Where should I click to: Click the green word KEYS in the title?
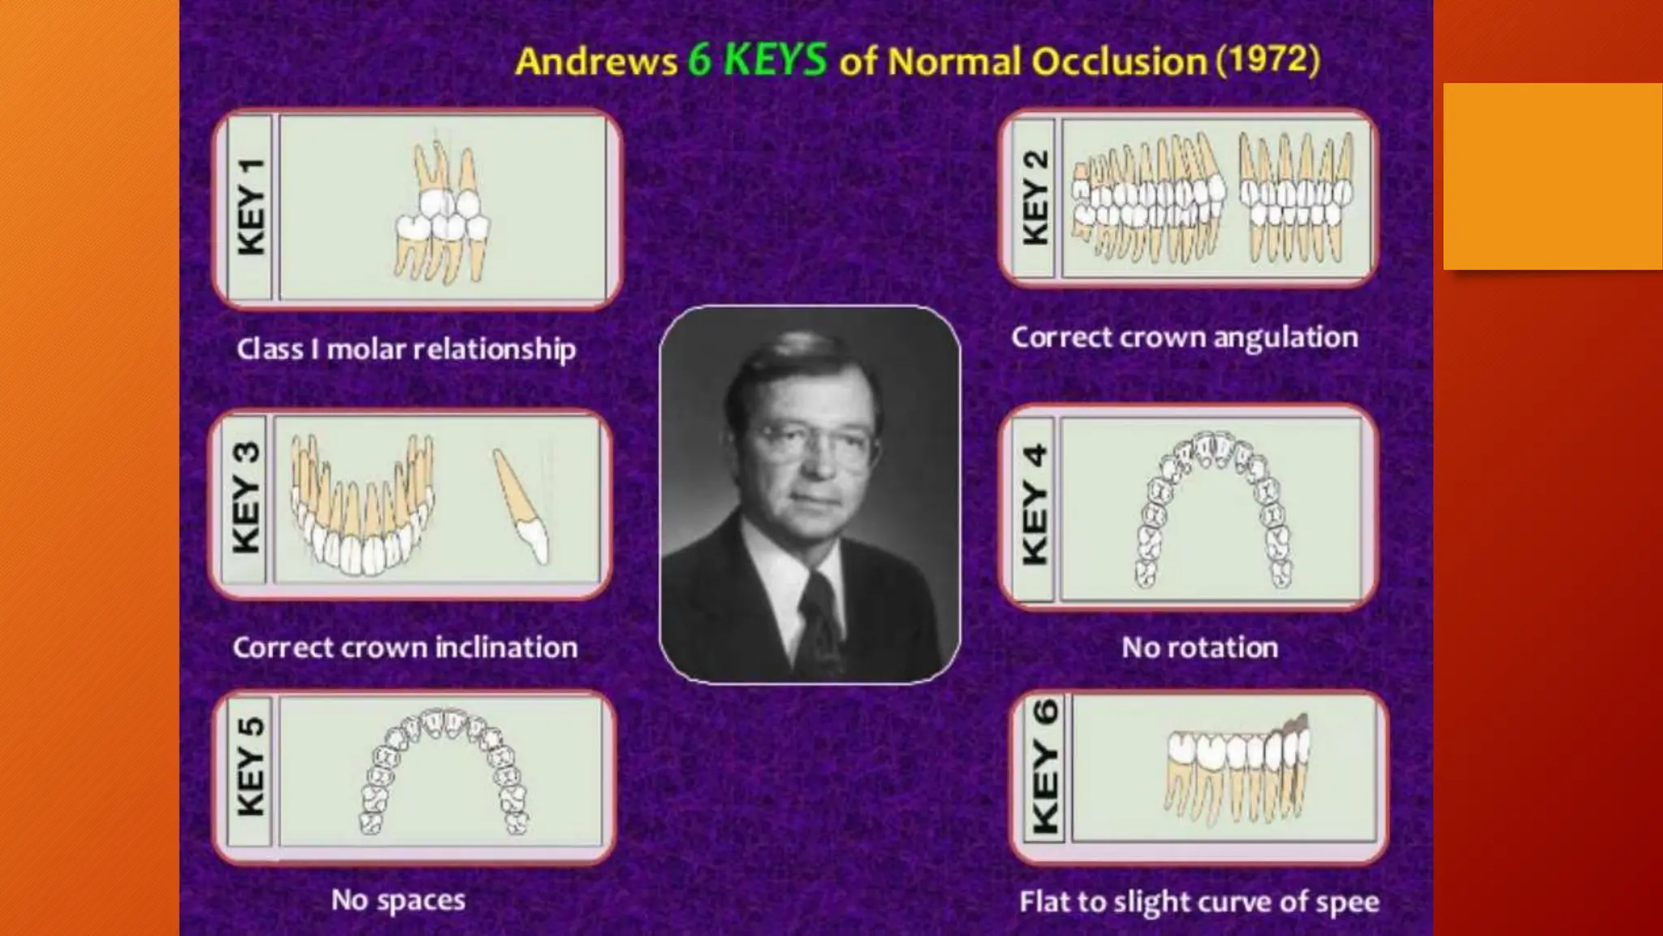(775, 59)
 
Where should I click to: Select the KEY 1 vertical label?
(251, 208)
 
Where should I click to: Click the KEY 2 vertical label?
(1035, 198)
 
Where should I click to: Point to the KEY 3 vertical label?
(246, 497)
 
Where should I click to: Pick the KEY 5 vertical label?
(251, 767)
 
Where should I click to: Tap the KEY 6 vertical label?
(1045, 767)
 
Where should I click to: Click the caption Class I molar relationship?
(406, 349)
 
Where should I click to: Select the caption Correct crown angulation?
(1184, 337)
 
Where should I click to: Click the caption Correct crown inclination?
(404, 648)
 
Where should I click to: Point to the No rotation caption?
(1199, 648)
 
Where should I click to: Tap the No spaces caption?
(398, 900)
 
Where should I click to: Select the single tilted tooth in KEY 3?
(520, 507)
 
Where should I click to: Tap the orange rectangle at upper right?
(1552, 175)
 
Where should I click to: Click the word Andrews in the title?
(596, 62)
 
